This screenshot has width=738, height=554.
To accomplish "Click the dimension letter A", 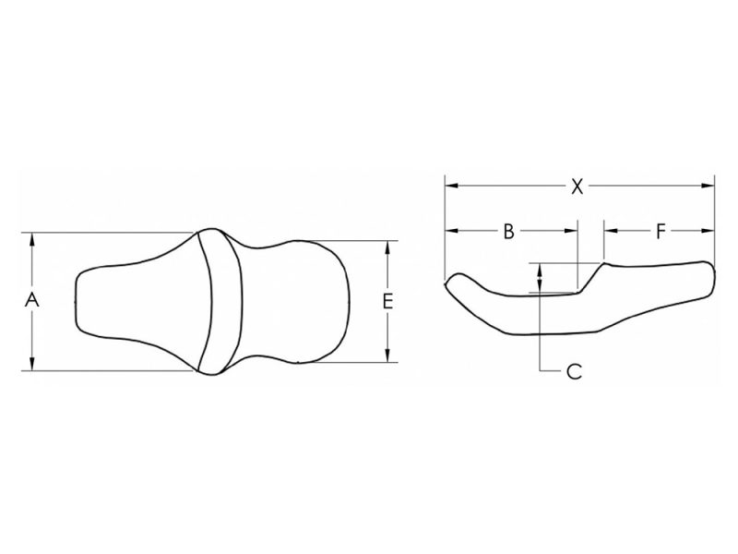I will click(x=32, y=300).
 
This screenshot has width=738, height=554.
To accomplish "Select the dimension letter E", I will click(x=387, y=301).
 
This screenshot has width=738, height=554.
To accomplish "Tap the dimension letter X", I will click(x=577, y=187).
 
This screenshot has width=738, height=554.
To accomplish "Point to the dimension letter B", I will click(x=507, y=232).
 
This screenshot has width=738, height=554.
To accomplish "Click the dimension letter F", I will click(x=661, y=232).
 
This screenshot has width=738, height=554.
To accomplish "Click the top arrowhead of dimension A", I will click(x=32, y=238).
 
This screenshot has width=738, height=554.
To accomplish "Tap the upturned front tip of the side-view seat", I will click(x=452, y=280).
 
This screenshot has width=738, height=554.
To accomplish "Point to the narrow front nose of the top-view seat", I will click(x=83, y=300).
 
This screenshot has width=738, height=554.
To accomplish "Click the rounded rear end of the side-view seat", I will click(x=708, y=277).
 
